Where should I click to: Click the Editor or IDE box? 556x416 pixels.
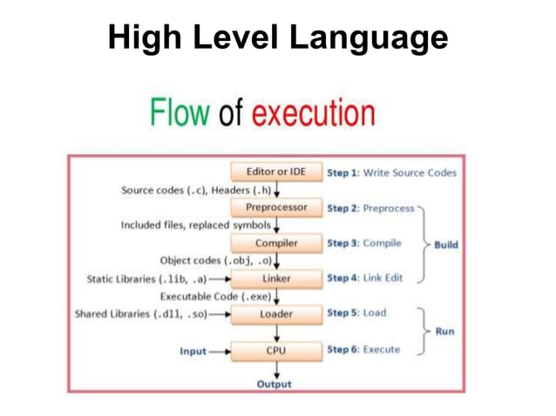276,172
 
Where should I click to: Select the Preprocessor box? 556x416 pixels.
276,208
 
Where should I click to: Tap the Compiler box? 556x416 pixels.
276,243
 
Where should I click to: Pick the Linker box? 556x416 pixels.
276,278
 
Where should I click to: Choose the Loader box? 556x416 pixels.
276,313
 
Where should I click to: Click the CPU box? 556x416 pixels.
276,350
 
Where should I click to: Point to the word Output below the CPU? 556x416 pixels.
275,384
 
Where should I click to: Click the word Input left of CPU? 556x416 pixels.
193,352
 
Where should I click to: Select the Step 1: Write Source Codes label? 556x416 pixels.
391,173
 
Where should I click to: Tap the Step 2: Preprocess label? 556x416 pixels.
370,208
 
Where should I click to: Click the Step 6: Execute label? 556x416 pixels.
363,350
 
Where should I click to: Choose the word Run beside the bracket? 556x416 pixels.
444,332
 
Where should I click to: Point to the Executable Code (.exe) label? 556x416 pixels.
214,297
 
